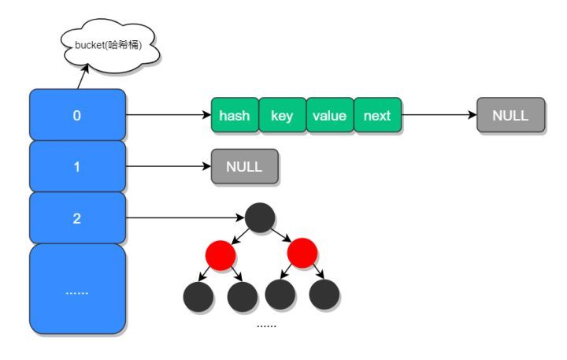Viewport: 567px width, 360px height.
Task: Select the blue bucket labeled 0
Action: [x=77, y=116]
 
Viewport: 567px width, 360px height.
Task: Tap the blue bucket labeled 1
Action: [x=77, y=167]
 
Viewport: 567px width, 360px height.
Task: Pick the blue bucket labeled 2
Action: [x=77, y=218]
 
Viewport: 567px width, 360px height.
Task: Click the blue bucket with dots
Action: [x=77, y=289]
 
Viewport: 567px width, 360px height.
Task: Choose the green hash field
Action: [x=235, y=117]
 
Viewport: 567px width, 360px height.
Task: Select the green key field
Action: [x=282, y=117]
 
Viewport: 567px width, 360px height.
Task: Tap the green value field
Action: [x=329, y=117]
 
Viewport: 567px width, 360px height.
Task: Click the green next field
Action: [x=377, y=117]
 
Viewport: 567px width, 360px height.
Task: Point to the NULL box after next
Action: [x=510, y=117]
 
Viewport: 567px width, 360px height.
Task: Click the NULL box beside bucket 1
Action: [x=244, y=167]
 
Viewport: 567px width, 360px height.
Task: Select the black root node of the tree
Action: [x=259, y=217]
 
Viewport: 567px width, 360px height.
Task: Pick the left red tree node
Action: [x=221, y=253]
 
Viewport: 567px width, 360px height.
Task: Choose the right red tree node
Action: [x=302, y=253]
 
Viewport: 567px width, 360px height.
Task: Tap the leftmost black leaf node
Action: [x=198, y=295]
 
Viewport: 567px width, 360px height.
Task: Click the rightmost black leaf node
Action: [x=324, y=294]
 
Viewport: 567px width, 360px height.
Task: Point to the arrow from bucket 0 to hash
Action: [x=169, y=117]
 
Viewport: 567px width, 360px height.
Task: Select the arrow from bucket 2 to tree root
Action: [x=185, y=218]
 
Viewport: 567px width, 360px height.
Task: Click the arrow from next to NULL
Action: [x=439, y=117]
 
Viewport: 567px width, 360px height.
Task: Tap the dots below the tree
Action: [x=267, y=325]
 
